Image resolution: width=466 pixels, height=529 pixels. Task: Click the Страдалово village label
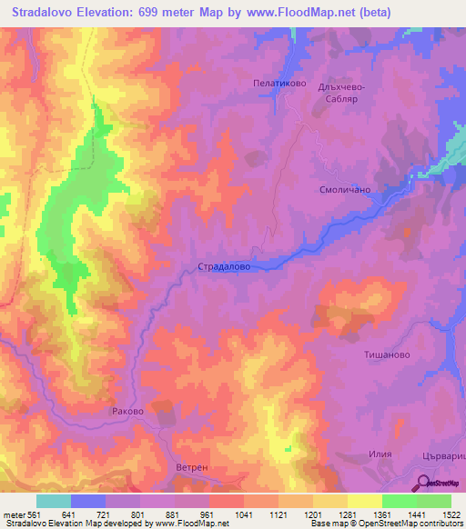(x=224, y=268)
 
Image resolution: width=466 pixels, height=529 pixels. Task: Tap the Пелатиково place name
(x=278, y=82)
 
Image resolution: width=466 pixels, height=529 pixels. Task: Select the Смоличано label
(x=342, y=191)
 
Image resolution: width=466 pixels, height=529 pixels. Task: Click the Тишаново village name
(x=390, y=356)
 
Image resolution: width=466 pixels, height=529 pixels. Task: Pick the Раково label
(x=127, y=411)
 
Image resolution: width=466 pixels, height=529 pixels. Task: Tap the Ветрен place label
(x=192, y=467)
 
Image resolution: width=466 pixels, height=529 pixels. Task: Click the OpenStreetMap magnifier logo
(x=422, y=484)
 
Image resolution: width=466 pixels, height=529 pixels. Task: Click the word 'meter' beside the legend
(x=12, y=513)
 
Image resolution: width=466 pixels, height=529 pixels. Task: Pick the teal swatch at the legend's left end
(x=53, y=501)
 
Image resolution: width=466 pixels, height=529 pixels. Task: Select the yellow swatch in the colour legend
(x=364, y=501)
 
